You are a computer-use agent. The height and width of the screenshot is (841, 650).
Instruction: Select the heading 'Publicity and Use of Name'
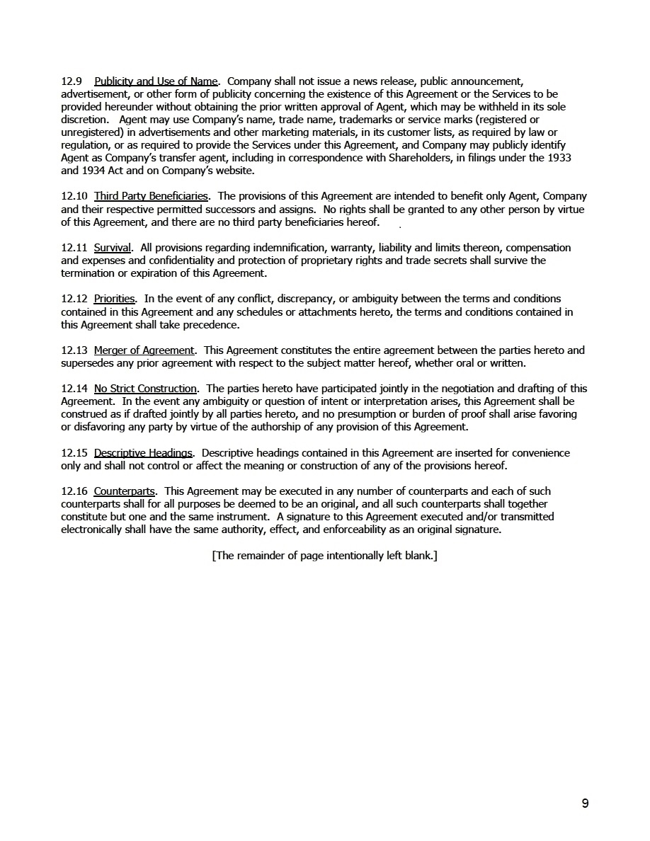pos(156,81)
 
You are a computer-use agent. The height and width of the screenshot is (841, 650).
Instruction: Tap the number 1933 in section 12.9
pos(559,158)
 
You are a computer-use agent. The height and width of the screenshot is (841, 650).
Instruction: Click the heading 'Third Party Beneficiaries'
pos(151,196)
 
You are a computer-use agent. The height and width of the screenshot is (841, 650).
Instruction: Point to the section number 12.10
pos(74,196)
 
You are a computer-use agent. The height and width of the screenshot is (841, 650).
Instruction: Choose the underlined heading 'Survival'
pos(113,248)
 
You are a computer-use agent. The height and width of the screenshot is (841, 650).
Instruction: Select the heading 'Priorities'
pos(114,299)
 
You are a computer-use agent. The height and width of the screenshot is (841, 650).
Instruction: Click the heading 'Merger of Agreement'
pos(144,350)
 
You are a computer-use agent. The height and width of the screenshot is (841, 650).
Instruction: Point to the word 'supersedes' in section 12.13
pos(87,363)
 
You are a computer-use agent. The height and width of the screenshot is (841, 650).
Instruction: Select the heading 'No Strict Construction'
pos(145,389)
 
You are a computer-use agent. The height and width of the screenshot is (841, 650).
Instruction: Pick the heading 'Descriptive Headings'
pos(143,453)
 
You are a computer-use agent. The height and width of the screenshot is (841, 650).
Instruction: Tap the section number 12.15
pos(74,453)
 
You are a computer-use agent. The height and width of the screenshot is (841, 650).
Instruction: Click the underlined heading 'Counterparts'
pos(125,491)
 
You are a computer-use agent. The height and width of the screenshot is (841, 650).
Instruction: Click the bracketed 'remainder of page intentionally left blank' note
pos(324,556)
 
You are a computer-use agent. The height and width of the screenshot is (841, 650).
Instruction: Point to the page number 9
pos(585,803)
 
